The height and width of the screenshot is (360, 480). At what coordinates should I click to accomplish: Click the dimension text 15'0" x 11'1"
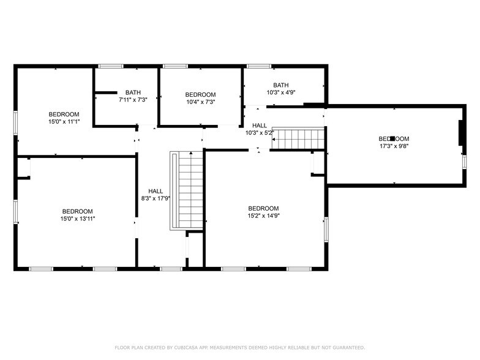[x=64, y=122]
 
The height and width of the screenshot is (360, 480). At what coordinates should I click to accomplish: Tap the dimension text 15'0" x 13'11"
[x=77, y=219]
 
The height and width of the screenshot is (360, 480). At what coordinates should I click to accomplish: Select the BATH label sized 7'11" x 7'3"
[x=133, y=92]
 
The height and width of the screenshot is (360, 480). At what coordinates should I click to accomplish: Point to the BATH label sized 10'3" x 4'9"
[x=281, y=85]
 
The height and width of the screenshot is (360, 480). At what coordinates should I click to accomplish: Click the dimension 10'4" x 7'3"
[x=200, y=102]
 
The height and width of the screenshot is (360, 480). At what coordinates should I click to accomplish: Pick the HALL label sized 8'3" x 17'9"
[x=156, y=191]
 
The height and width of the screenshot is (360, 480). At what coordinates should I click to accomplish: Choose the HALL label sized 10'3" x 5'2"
[x=259, y=126]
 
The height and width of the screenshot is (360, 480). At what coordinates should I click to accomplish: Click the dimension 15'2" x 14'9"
[x=263, y=216]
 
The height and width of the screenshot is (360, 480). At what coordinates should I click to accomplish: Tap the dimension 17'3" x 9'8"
[x=393, y=146]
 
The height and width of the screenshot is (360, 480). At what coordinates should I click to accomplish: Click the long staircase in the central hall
[x=187, y=190]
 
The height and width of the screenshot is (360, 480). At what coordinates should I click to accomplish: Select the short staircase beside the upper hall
[x=297, y=138]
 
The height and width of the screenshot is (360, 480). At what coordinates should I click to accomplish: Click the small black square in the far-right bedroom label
[x=392, y=139]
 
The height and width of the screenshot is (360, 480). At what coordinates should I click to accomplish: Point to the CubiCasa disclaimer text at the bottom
[x=239, y=347]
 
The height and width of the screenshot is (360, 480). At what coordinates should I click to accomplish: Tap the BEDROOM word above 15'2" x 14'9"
[x=263, y=208]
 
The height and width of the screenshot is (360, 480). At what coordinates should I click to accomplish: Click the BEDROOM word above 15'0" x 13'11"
[x=77, y=211]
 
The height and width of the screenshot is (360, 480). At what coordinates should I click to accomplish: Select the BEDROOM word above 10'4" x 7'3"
[x=200, y=94]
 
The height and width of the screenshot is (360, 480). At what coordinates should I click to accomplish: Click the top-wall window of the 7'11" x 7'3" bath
[x=111, y=66]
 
